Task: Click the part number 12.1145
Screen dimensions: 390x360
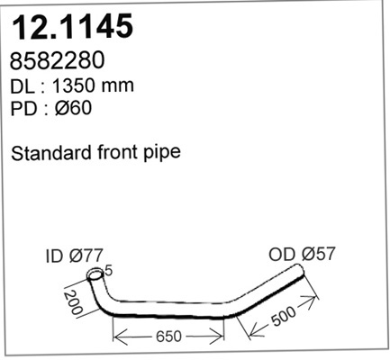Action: coord(72,26)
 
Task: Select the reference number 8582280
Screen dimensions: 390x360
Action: coord(57,60)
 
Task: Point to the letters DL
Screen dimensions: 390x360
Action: coord(23,86)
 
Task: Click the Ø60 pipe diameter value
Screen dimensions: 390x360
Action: coord(73,108)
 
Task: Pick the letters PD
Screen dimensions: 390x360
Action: coord(23,108)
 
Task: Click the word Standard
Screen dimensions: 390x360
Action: coord(51,152)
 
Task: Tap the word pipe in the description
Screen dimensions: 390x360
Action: coord(162,154)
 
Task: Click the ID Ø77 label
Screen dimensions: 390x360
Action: coord(75,256)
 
